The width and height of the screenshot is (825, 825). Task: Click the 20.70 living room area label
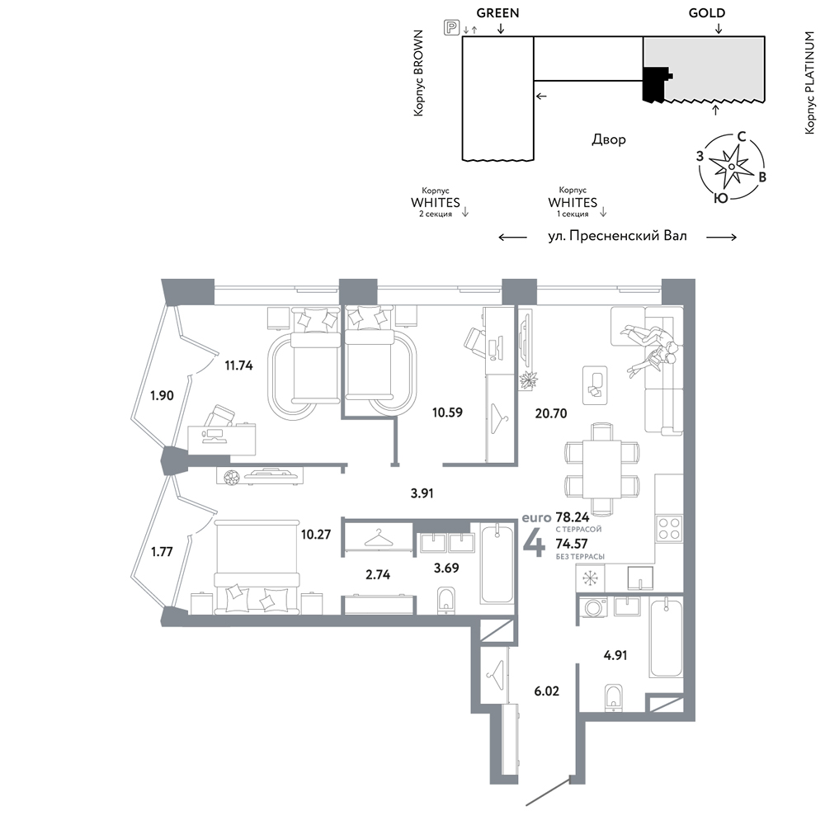coord(551,413)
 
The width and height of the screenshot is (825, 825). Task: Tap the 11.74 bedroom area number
coord(239,365)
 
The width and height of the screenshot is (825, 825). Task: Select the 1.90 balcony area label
coord(162,395)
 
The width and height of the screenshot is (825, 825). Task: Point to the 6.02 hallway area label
coord(547,691)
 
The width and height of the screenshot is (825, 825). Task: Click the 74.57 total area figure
coord(572,544)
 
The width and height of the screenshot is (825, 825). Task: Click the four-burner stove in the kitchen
coord(669,529)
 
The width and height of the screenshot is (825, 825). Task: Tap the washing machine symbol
coord(593,608)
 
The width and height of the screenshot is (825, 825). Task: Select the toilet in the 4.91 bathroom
coord(614,698)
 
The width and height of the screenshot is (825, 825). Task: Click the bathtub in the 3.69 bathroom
coord(497,563)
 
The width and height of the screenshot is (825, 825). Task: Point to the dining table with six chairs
coord(602,469)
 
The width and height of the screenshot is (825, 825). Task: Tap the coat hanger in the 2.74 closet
coord(379,538)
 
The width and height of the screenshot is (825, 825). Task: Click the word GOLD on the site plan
coord(707,13)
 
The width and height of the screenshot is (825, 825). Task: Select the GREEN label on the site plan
coord(497,13)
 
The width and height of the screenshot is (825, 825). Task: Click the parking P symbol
coord(451,27)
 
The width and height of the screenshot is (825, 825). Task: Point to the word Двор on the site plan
coord(609,139)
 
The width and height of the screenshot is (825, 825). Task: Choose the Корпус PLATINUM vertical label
coord(810,82)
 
